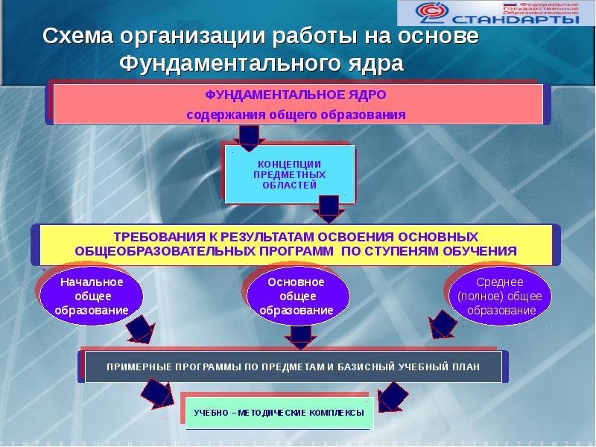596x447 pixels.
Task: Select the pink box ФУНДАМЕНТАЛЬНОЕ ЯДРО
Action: click(x=296, y=104)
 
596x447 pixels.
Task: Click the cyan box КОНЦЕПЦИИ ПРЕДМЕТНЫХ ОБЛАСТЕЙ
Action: click(x=289, y=174)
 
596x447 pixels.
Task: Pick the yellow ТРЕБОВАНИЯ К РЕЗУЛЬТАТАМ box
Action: click(x=296, y=244)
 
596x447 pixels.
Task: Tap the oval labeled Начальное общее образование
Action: click(x=92, y=296)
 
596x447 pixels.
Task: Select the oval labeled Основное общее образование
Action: click(x=296, y=296)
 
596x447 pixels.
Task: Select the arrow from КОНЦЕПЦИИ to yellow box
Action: click(x=329, y=208)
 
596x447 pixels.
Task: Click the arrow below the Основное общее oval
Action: click(x=300, y=337)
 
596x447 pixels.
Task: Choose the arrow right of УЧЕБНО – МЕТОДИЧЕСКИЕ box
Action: click(x=393, y=395)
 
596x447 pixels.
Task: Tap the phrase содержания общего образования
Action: click(x=296, y=115)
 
